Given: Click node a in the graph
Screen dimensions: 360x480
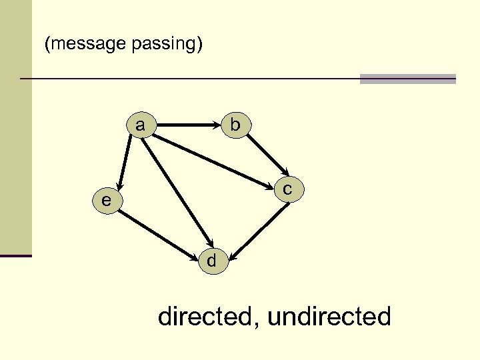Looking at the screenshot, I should pyautogui.click(x=140, y=125).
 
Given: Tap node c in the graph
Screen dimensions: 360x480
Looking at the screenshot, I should pyautogui.click(x=288, y=190).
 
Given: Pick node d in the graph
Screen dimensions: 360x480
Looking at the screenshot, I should pyautogui.click(x=211, y=261).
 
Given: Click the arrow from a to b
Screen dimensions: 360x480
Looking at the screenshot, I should pyautogui.click(x=187, y=124).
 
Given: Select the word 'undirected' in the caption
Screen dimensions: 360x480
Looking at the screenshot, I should pyautogui.click(x=329, y=316).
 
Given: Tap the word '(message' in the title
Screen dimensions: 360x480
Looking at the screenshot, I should pyautogui.click(x=84, y=44).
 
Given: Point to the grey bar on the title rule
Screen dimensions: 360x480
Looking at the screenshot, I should pyautogui.click(x=407, y=79).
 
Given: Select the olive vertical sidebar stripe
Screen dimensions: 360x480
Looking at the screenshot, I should pyautogui.click(x=15, y=127).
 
